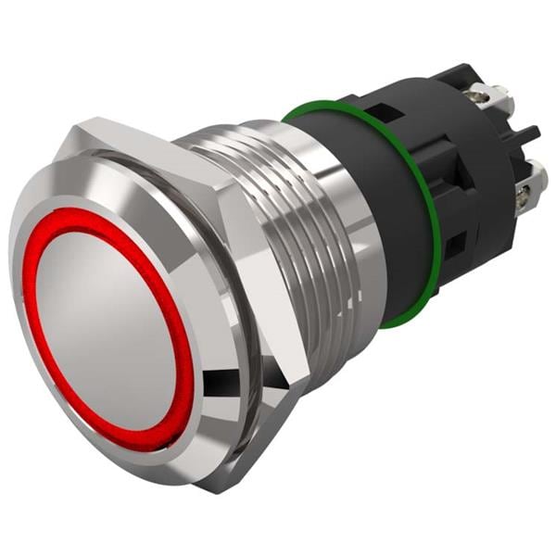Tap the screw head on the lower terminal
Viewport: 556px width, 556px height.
[524, 195]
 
